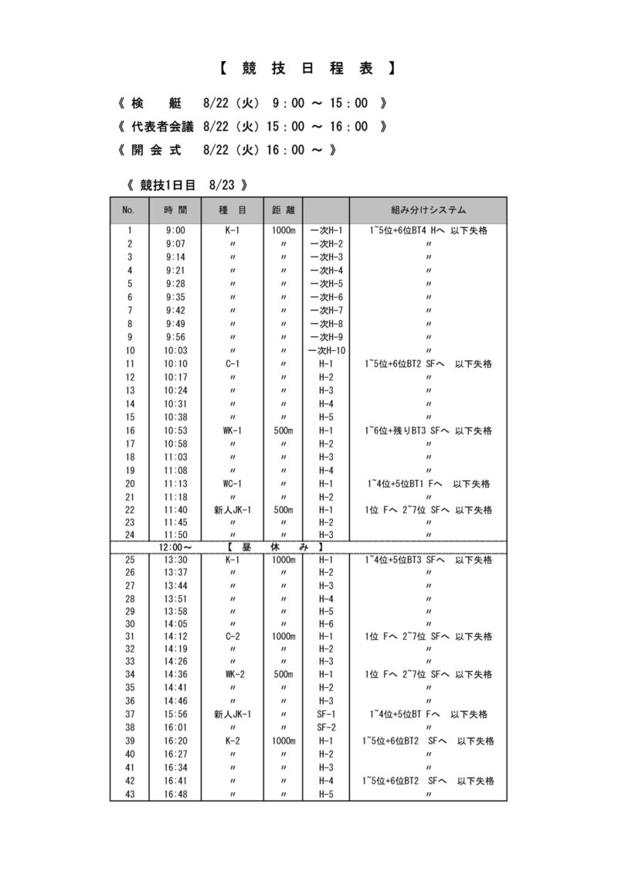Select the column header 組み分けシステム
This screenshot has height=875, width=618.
(x=428, y=209)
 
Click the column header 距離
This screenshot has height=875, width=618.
(x=284, y=209)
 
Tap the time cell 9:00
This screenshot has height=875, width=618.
(x=175, y=230)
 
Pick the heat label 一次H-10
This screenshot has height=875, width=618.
(x=326, y=350)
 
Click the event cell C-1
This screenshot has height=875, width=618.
(x=233, y=363)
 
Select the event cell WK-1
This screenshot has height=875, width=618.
(x=233, y=431)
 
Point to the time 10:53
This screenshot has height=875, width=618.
(x=175, y=431)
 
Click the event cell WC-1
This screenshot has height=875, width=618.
(x=233, y=484)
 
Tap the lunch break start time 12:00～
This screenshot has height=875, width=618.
(x=175, y=546)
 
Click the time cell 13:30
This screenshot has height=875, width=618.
(x=175, y=559)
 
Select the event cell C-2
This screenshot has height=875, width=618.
(x=233, y=636)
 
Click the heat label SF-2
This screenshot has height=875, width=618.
(x=326, y=727)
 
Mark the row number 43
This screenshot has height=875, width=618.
(x=130, y=794)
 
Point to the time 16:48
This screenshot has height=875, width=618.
(x=175, y=794)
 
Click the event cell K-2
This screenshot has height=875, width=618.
(x=233, y=741)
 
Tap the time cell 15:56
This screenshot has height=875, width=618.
(x=175, y=714)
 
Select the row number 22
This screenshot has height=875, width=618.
(x=130, y=510)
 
